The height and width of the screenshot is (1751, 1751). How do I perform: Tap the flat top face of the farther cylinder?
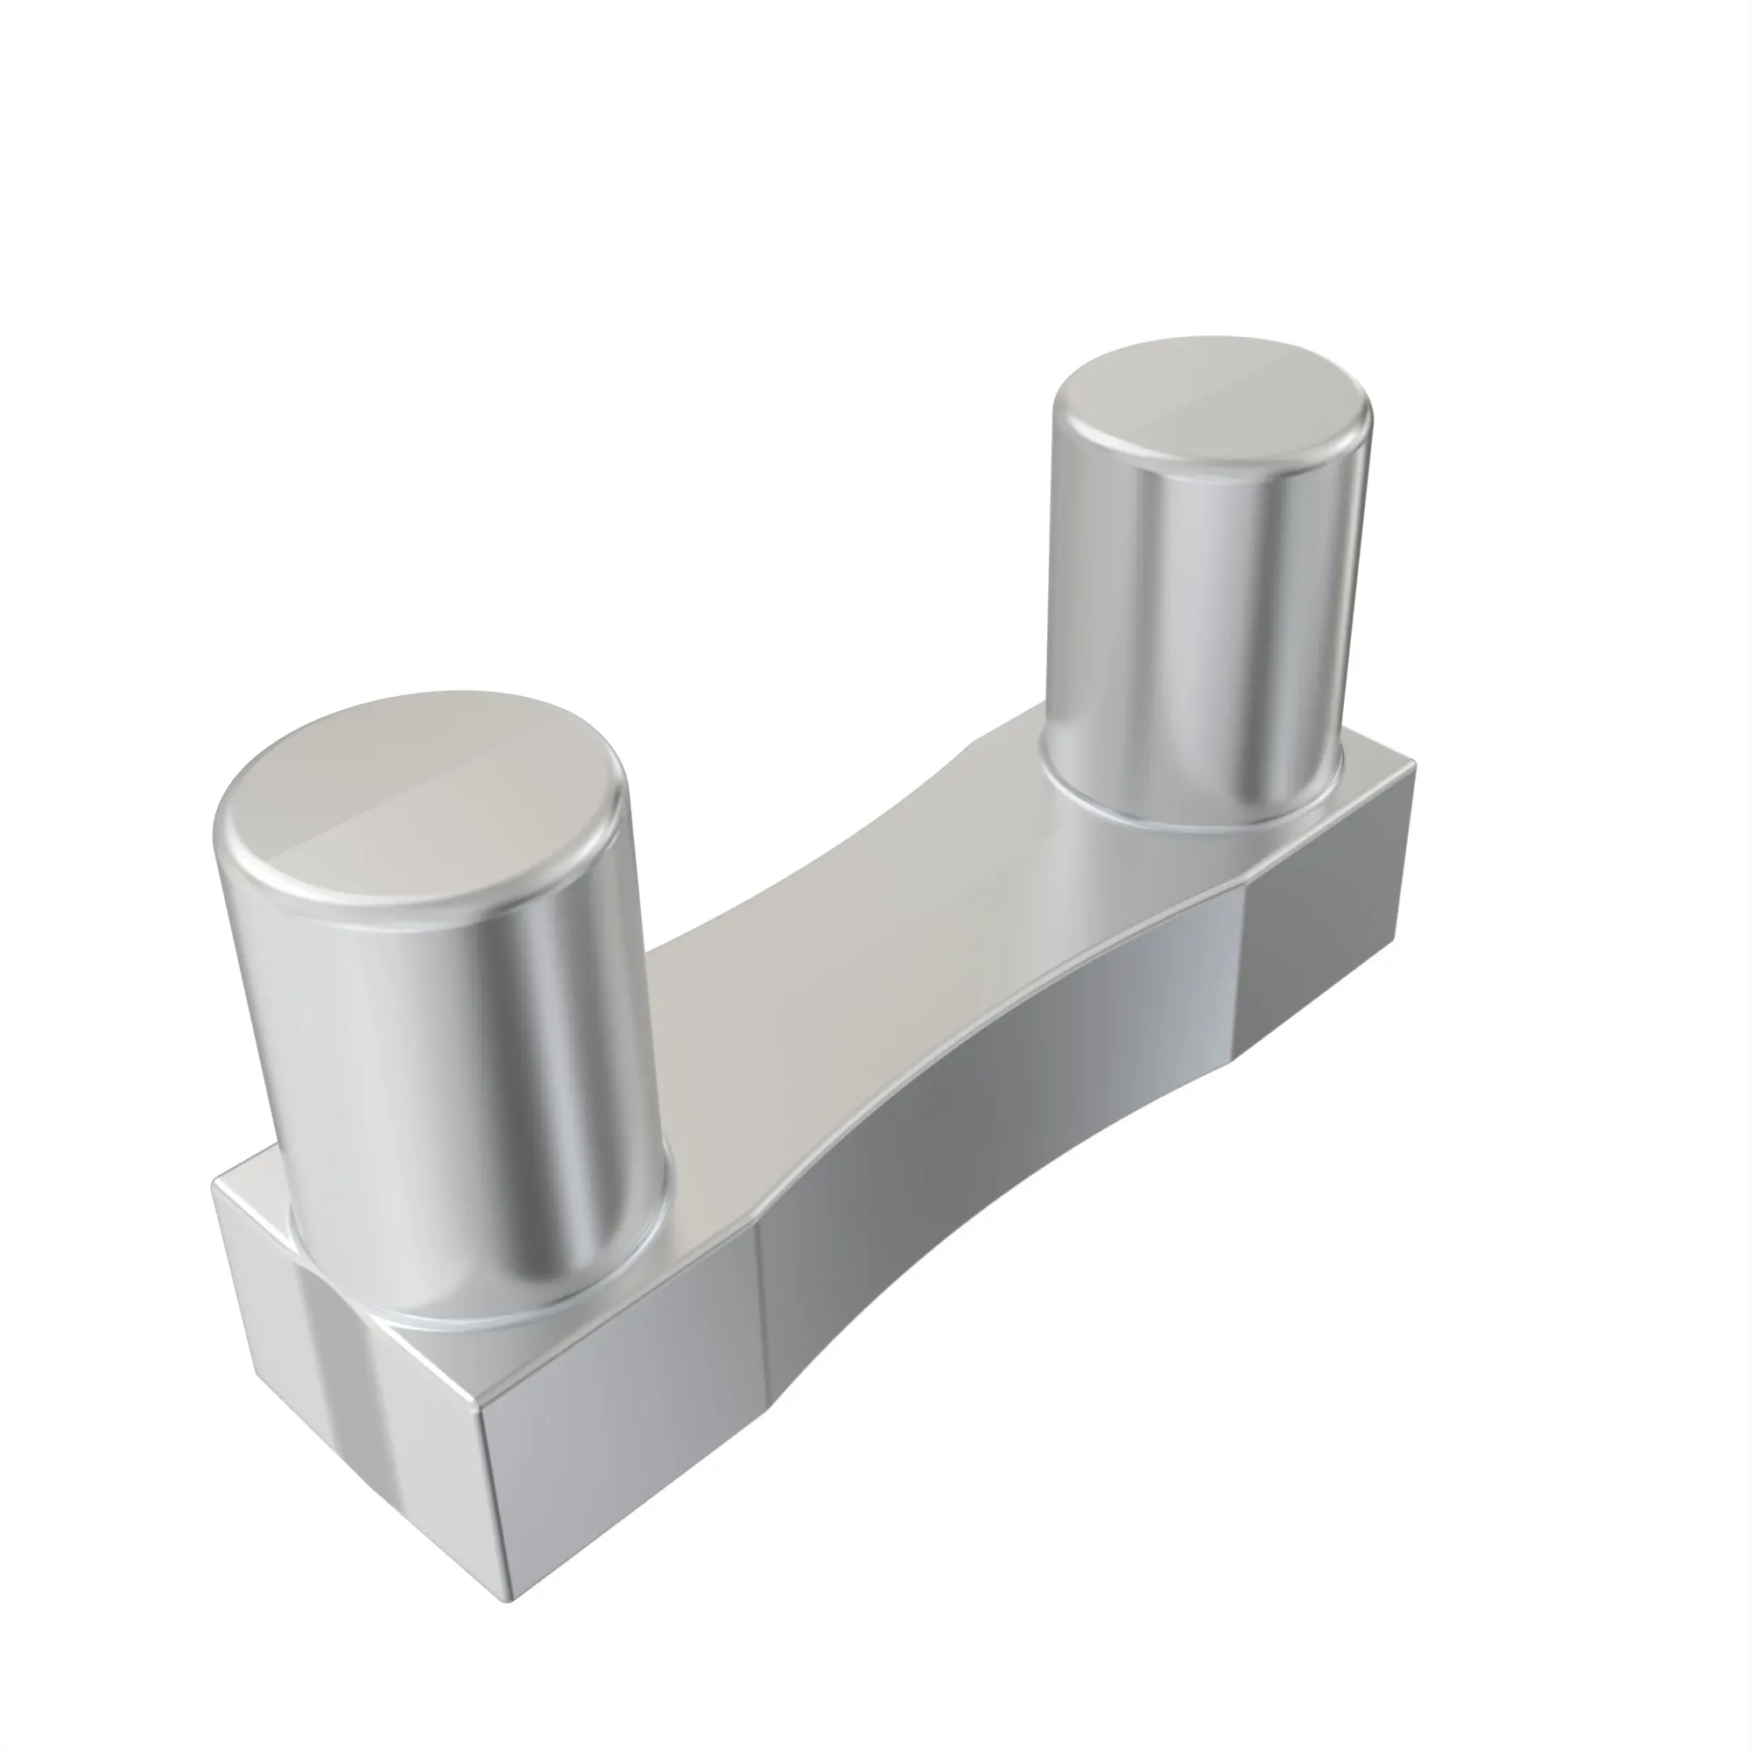1210,404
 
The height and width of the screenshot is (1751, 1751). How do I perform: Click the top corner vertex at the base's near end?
479,1411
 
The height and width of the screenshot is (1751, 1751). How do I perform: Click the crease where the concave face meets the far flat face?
1240,979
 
